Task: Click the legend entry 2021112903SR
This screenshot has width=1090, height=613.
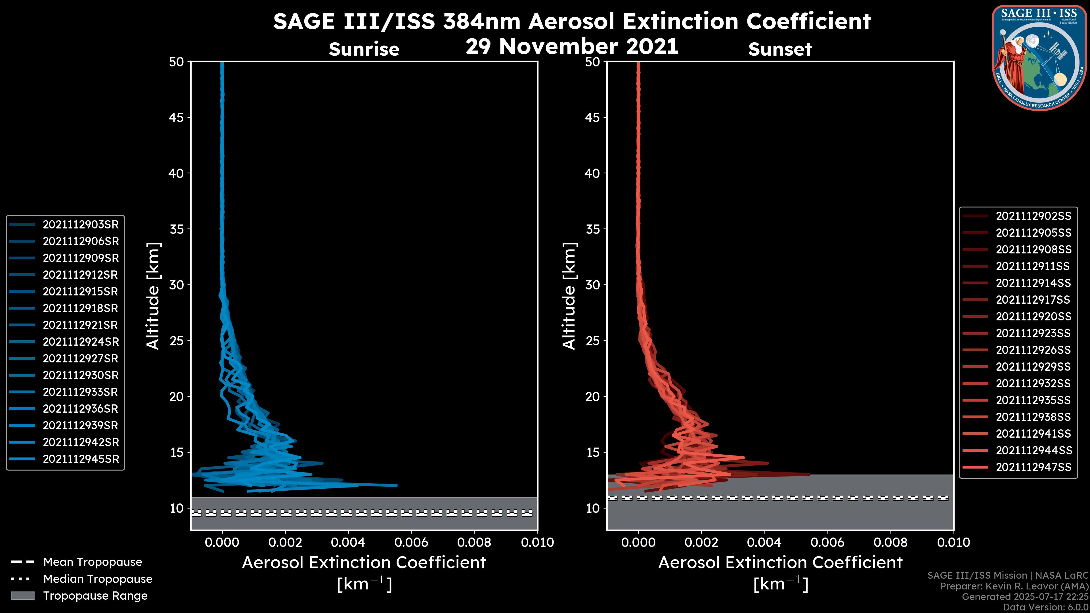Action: pyautogui.click(x=80, y=225)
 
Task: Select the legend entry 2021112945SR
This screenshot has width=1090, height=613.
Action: pyautogui.click(x=80, y=459)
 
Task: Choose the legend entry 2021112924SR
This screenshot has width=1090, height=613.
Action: pyautogui.click(x=80, y=342)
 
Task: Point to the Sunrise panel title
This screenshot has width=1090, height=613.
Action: pyautogui.click(x=364, y=49)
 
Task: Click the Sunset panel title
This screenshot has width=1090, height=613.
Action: pyautogui.click(x=780, y=49)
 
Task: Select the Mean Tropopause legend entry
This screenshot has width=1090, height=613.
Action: pyautogui.click(x=92, y=562)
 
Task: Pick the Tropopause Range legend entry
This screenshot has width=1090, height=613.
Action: pyautogui.click(x=95, y=596)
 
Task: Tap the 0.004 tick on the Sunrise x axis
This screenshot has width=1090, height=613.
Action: pyautogui.click(x=348, y=542)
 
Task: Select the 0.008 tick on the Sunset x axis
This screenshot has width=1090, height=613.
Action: pyautogui.click(x=891, y=542)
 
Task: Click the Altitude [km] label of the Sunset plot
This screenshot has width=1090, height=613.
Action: pyautogui.click(x=569, y=296)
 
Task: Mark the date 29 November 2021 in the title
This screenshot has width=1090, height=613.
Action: pyautogui.click(x=572, y=47)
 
